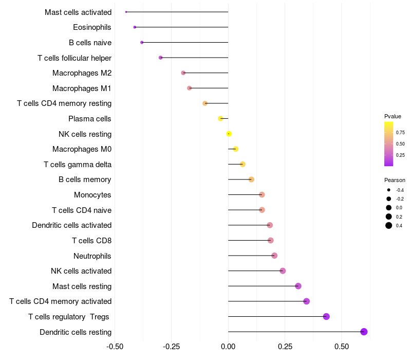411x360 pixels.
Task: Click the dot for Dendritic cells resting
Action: (x=364, y=332)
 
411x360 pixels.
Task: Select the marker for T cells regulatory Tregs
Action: (x=326, y=316)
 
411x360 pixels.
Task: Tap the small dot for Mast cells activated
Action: (x=126, y=12)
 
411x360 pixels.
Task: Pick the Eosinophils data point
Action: (x=135, y=27)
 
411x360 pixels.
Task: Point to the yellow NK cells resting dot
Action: (x=229, y=134)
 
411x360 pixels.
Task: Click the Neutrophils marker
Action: (x=274, y=256)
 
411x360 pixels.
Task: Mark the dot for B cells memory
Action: (x=251, y=179)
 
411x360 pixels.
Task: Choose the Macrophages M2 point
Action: (x=183, y=73)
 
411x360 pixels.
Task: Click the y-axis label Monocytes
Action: (x=92, y=195)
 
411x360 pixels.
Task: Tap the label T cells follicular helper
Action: (x=74, y=58)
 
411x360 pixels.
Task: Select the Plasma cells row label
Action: (x=90, y=119)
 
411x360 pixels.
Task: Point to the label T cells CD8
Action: (x=91, y=241)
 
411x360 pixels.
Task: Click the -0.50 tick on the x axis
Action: (x=115, y=347)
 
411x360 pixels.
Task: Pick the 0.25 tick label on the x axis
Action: (x=285, y=347)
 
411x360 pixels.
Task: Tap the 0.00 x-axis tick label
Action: (x=228, y=347)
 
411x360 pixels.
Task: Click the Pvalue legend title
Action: (x=393, y=116)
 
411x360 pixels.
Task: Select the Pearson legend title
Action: (x=395, y=180)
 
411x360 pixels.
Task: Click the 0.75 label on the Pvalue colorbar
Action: (x=400, y=133)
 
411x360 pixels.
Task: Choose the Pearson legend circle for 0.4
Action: (x=389, y=225)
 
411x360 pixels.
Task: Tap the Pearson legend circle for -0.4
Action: (x=389, y=190)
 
